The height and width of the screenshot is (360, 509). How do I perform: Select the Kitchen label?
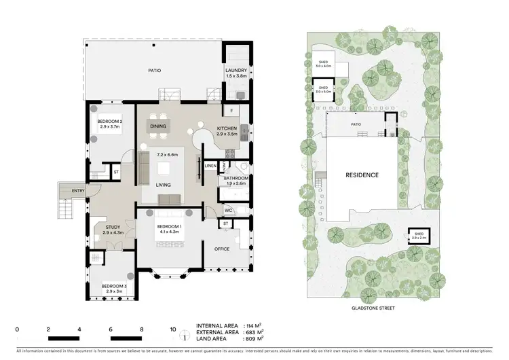click(227, 128)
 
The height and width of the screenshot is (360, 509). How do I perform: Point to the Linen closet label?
click(210, 166)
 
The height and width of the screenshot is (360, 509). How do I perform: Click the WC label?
click(228, 211)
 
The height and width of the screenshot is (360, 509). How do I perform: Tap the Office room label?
click(222, 249)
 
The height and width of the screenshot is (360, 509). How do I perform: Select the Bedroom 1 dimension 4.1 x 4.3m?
click(169, 232)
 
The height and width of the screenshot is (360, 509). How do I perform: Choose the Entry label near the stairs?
click(78, 191)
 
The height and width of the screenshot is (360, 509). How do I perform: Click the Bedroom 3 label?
click(114, 285)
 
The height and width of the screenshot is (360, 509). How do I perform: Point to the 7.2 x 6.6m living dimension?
click(167, 155)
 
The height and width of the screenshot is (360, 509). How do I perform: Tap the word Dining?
click(158, 126)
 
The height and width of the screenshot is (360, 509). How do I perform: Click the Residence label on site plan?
click(362, 175)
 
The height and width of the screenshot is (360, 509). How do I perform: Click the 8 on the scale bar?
click(141, 328)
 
